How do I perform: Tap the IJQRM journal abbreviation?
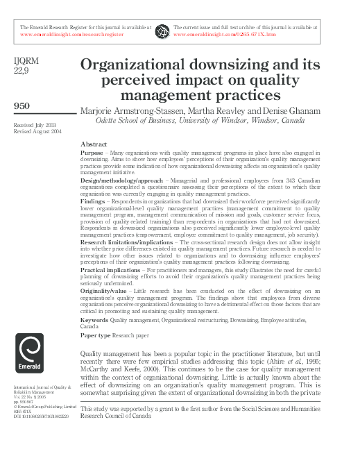tap(27, 61)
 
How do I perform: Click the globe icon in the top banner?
tap(162, 31)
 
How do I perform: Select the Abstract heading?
tap(94, 144)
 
